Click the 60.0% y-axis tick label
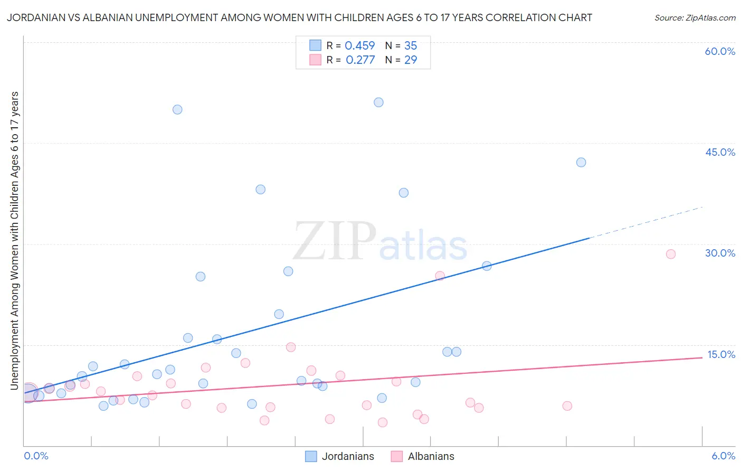720,51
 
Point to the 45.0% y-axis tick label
720,152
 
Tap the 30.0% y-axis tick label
720,253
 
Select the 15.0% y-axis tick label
721,354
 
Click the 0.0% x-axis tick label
36,456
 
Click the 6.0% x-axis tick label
723,456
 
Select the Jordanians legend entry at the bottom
340,456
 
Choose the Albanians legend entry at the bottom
423,456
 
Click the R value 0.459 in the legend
359,46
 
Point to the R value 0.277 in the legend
360,60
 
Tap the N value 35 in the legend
410,46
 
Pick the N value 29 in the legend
410,60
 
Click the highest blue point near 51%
378,102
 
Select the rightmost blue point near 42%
581,162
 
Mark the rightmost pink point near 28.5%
671,254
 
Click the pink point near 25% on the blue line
440,276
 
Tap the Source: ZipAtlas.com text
695,17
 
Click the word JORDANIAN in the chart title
35,17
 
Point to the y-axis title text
14,240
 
